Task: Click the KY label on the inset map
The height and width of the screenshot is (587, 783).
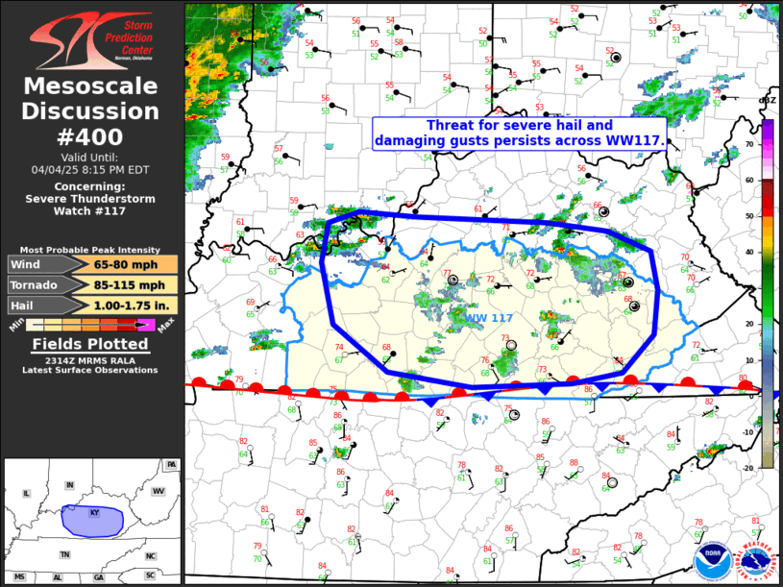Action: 94,513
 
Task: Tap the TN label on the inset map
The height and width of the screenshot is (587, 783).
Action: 64,554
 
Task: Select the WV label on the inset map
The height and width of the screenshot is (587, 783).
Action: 159,491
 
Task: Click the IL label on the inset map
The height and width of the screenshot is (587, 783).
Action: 25,493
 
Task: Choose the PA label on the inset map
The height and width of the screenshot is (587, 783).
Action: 171,465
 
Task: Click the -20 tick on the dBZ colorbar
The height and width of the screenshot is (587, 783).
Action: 772,467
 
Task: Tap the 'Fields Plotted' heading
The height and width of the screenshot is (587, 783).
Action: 91,343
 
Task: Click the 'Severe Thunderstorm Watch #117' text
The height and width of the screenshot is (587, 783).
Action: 91,199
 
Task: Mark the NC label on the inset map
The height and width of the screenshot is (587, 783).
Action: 151,555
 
